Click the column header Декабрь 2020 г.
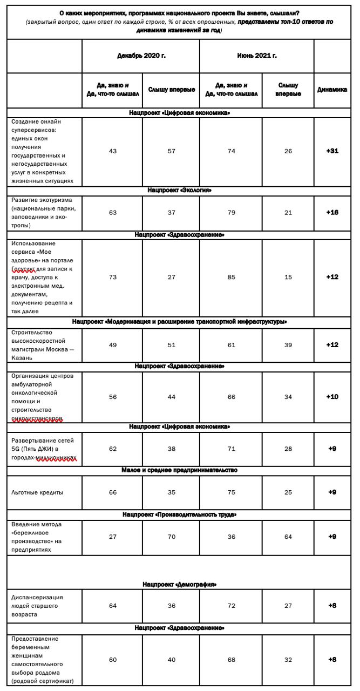(140, 56)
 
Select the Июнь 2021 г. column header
(256, 56)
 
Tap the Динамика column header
(332, 90)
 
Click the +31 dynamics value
(332, 151)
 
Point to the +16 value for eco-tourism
(332, 213)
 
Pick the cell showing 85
(231, 277)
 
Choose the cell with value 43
(113, 151)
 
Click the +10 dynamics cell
(332, 397)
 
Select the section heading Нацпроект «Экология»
(179, 191)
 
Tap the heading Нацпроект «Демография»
(179, 584)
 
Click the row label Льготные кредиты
(37, 493)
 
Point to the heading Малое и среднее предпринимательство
(179, 470)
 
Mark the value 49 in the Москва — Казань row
(113, 345)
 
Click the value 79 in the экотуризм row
(231, 213)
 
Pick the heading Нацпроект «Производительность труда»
(179, 514)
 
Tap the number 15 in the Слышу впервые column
(288, 277)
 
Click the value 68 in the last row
(231, 660)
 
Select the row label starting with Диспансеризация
(37, 606)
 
